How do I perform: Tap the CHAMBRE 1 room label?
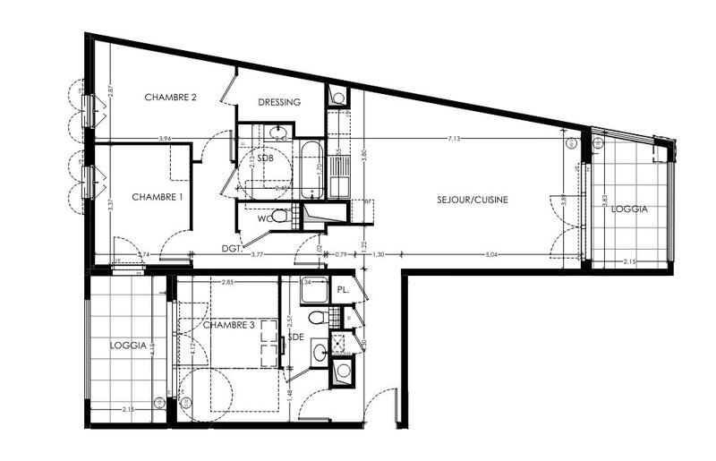158,196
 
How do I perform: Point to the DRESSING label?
279,102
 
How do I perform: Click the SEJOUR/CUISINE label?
473,200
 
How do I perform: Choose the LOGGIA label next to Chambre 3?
128,345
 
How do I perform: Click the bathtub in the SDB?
312,169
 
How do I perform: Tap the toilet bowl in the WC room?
280,216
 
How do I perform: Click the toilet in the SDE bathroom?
315,319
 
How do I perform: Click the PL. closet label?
342,290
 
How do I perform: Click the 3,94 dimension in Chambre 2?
164,139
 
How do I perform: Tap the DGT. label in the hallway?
233,250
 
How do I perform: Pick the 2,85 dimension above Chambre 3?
227,283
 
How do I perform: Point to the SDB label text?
266,158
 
